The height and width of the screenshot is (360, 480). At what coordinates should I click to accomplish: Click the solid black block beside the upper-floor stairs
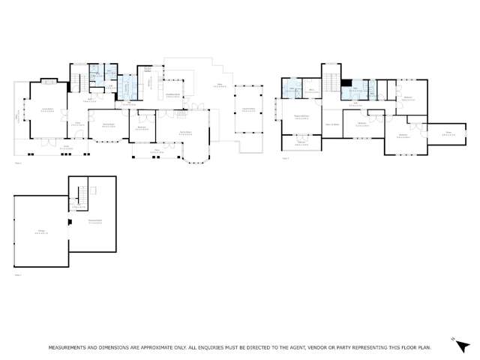tap(346, 84)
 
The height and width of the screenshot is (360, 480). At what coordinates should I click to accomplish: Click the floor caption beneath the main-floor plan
tap(18, 163)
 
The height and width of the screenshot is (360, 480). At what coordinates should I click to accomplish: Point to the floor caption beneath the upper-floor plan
tap(285, 158)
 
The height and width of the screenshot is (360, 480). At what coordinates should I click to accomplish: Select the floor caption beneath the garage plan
tap(18, 275)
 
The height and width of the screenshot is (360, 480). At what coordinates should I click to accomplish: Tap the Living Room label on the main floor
tap(47, 109)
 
